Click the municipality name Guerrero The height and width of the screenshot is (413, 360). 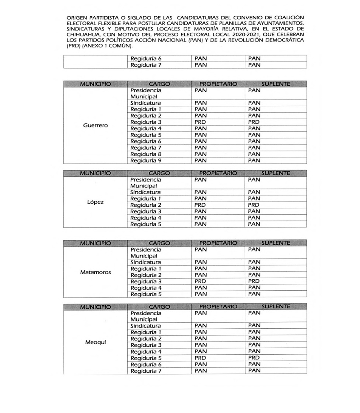pos(95,126)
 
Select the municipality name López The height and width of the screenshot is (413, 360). pos(95,202)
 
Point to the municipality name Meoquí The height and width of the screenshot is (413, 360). pos(95,342)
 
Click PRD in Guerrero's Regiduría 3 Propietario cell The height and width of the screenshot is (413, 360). pos(200,122)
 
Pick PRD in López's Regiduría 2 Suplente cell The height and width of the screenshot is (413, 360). pos(254,205)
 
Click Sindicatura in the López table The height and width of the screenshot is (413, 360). pos(146,192)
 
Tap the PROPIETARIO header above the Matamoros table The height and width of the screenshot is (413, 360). pos(218,243)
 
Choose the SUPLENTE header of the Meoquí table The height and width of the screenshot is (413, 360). pos(276,307)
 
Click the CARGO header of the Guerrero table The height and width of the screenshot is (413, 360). pos(159,84)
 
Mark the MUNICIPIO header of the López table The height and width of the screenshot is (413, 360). pos(95,173)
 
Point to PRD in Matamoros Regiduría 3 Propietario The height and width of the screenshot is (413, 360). pos(200,281)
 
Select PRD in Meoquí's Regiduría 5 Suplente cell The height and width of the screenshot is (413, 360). pos(254,358)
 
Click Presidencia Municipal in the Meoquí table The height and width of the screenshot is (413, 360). pos(146,316)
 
